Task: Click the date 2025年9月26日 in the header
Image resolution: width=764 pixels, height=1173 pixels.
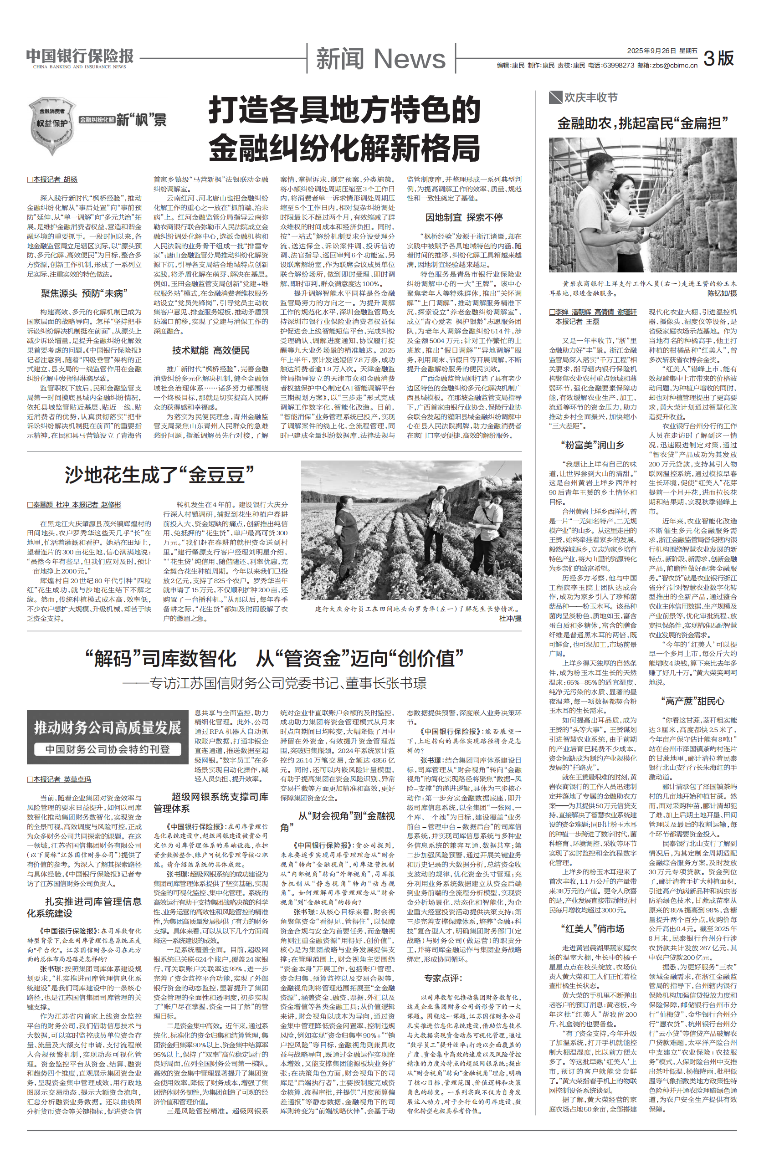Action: point(650,51)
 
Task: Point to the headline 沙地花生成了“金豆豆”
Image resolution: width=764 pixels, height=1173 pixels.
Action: point(159,475)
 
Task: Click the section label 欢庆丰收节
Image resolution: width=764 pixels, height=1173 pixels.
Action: point(590,97)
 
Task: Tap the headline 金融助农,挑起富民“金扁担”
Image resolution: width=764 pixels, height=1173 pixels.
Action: point(643,123)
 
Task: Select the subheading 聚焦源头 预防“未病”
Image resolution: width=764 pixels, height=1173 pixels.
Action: point(84,294)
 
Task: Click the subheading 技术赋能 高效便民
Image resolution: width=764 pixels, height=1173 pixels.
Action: point(210,350)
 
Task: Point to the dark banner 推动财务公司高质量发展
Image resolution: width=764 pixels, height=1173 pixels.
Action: point(108,727)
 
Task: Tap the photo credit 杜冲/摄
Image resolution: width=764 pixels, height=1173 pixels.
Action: point(510,618)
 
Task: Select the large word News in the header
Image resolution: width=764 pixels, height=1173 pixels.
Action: point(409,59)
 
